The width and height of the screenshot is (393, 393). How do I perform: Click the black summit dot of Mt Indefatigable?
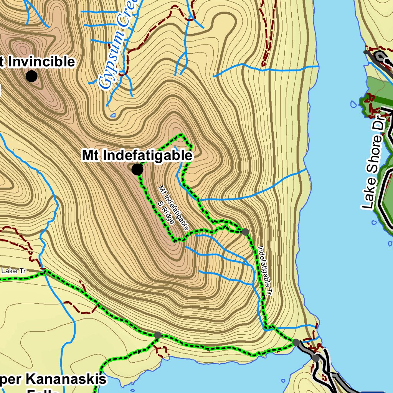(137, 169)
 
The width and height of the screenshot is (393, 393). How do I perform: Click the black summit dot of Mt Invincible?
(31, 76)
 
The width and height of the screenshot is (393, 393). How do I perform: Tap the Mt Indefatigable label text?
(137, 155)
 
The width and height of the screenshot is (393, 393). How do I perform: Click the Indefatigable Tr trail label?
(265, 271)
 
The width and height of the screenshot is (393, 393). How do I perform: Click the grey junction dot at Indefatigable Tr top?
(245, 231)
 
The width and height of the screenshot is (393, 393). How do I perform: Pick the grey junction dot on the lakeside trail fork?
(157, 335)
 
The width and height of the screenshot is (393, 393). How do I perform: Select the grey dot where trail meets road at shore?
(296, 342)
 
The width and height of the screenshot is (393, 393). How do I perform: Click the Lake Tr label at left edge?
(13, 271)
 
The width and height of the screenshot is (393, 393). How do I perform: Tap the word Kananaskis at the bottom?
(65, 380)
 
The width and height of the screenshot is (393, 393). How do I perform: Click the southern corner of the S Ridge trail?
(175, 241)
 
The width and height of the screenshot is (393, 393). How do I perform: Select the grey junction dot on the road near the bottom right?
(315, 358)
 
